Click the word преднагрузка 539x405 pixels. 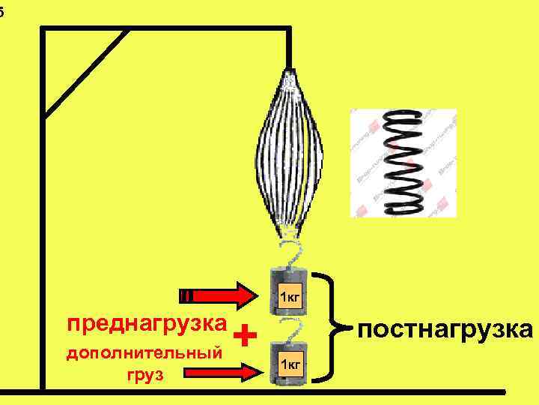146,324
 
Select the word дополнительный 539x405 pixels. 144,352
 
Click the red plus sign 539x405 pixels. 245,334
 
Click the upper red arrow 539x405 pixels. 218,295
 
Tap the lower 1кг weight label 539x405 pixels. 289,364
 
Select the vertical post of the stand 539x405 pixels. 43,225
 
